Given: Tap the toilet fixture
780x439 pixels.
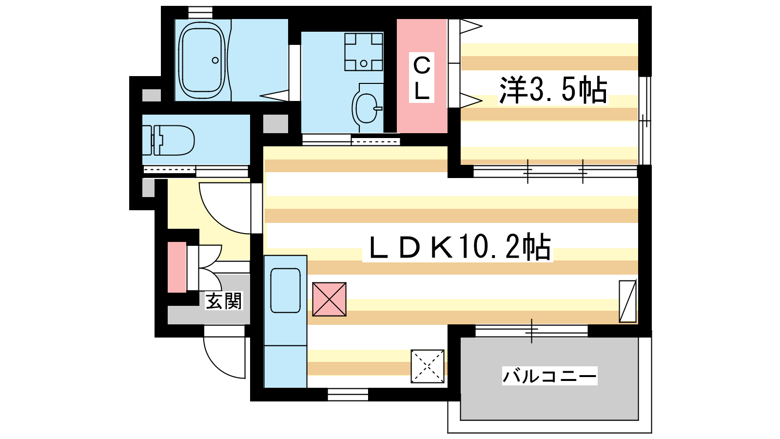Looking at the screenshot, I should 173,140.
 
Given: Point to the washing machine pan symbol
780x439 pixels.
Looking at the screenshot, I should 364,52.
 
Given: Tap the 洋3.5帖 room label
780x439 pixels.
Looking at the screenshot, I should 553,90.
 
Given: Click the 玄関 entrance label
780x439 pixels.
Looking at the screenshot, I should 224,301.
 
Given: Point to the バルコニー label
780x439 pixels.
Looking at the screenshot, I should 549,376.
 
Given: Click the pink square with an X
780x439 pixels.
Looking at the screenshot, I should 329,299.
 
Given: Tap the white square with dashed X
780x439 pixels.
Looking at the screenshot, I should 428,366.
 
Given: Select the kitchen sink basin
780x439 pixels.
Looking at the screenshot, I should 285,290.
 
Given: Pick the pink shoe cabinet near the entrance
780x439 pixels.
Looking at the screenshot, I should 177,267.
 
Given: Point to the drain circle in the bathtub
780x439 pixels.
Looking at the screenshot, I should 215,60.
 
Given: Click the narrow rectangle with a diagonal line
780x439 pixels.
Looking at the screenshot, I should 627,301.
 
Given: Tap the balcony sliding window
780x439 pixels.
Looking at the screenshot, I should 531,331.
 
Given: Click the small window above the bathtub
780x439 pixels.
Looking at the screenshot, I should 200,12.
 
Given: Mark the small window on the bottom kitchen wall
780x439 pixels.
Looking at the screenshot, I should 348,394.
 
